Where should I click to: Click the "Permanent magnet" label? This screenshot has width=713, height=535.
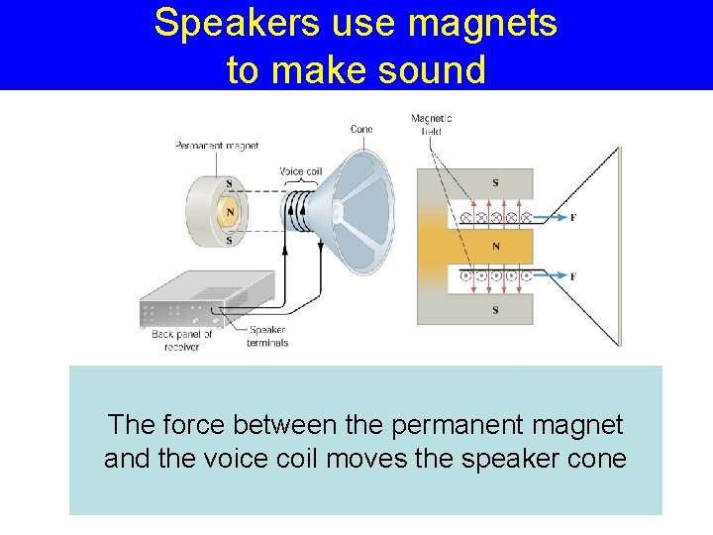pyautogui.click(x=217, y=146)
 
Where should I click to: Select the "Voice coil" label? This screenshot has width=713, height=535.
pyautogui.click(x=300, y=171)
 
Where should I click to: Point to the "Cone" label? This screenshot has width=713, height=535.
pyautogui.click(x=361, y=129)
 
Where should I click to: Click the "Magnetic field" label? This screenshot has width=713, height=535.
pyautogui.click(x=432, y=125)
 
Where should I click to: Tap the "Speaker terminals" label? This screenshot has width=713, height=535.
pyautogui.click(x=268, y=336)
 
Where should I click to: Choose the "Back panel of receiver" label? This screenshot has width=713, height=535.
pyautogui.click(x=182, y=341)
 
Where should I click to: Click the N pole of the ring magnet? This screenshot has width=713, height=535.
pyautogui.click(x=229, y=211)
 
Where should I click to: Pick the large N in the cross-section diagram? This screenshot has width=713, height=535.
pyautogui.click(x=495, y=246)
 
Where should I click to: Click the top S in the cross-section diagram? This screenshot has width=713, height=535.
pyautogui.click(x=496, y=183)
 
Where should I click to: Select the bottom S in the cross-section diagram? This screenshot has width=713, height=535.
pyautogui.click(x=495, y=309)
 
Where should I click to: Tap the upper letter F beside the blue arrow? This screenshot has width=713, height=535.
pyautogui.click(x=573, y=217)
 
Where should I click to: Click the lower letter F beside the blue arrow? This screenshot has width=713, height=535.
pyautogui.click(x=573, y=274)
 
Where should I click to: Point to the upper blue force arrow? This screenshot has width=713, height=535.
pyautogui.click(x=550, y=217)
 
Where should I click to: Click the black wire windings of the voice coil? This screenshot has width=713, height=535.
pyautogui.click(x=298, y=210)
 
